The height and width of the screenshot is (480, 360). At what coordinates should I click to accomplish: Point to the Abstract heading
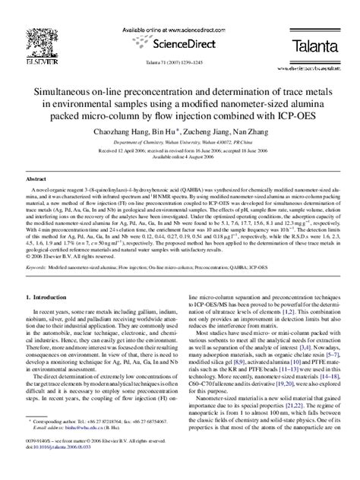click(37, 177)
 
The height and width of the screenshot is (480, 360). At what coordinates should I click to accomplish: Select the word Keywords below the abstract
click(38, 268)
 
